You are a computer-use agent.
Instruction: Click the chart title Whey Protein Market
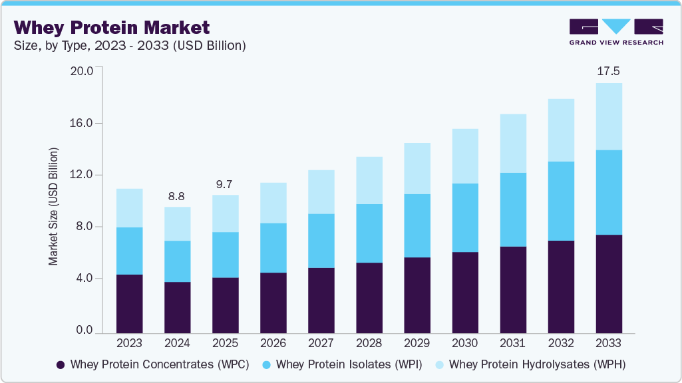click(112, 27)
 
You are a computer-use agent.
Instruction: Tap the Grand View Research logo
click(616, 32)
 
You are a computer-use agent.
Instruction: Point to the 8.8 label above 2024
click(177, 196)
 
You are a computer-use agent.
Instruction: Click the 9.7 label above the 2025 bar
click(225, 184)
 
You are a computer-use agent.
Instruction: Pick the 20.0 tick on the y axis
click(83, 71)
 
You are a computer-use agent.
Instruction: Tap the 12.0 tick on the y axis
click(83, 175)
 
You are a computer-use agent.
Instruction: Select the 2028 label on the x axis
click(369, 344)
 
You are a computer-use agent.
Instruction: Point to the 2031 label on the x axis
click(512, 344)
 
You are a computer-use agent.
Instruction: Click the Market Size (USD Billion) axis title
click(53, 207)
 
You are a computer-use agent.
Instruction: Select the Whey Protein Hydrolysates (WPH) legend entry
click(530, 364)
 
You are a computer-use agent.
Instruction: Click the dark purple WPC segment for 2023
click(129, 303)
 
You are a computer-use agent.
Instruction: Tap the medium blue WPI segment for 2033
click(608, 192)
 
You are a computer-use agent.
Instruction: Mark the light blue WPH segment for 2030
click(464, 156)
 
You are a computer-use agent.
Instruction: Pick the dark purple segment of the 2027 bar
click(321, 300)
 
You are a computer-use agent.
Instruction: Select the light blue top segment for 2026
click(273, 203)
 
